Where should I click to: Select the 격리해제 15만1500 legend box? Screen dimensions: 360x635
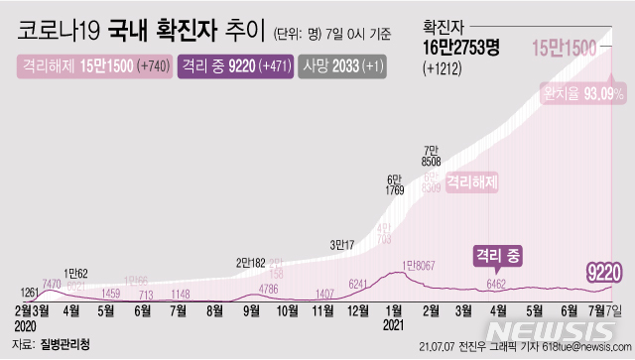[92, 67]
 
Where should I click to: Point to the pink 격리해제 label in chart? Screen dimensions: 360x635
[471, 182]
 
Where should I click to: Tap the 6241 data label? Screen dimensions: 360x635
[356, 284]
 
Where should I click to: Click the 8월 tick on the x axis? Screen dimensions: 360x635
[213, 310]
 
